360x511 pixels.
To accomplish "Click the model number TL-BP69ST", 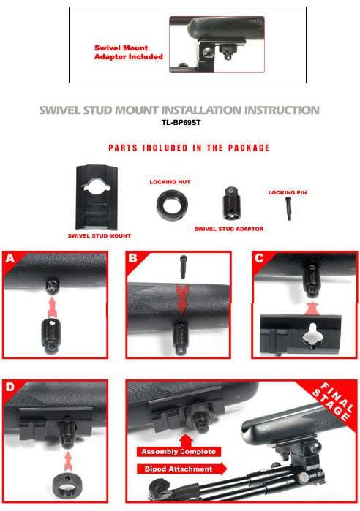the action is tap(181, 123).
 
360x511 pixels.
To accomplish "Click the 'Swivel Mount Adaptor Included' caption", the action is tap(129, 52).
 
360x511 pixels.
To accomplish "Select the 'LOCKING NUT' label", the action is tap(170, 182).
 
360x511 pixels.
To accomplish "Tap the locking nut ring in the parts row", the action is tap(172, 205).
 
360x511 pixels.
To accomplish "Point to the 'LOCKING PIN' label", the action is tap(288, 192).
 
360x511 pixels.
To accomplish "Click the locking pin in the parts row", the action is tap(288, 209).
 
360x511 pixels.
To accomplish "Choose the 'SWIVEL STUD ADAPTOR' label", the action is tap(228, 229).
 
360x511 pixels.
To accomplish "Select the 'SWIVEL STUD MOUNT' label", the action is tap(99, 235).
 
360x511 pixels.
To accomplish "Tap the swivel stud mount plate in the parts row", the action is tap(97, 197).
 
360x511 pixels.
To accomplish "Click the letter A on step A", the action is tap(10, 258).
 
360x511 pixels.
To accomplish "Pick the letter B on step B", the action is tap(132, 258).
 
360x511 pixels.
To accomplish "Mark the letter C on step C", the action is tap(259, 258).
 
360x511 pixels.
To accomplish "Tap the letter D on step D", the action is tap(10, 387).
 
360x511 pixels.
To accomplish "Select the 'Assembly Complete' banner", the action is tap(179, 451).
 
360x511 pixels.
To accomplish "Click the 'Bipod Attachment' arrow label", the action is tap(181, 469).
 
